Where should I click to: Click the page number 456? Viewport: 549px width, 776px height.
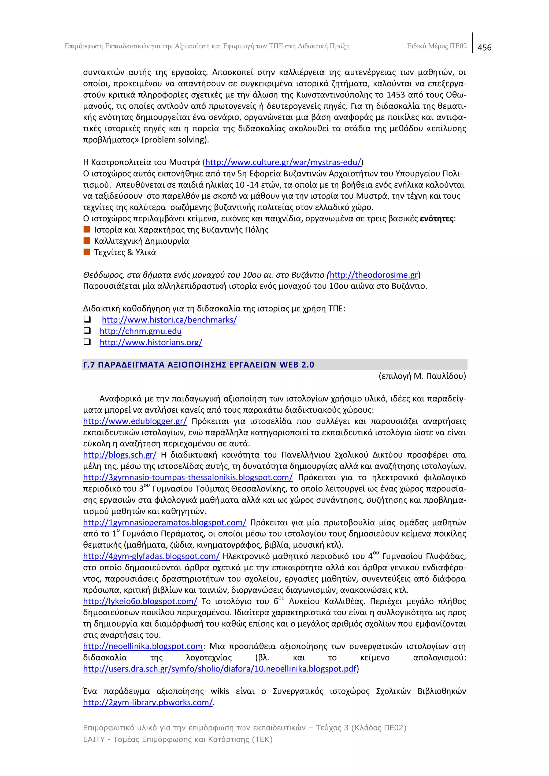[x=484, y=48]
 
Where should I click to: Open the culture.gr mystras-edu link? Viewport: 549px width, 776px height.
[x=283, y=162]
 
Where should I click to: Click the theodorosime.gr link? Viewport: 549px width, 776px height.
[x=374, y=275]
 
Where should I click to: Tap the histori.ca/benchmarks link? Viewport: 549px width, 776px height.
[x=169, y=320]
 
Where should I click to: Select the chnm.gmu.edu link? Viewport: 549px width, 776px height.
[x=140, y=331]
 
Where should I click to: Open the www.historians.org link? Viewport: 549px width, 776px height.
[x=151, y=342]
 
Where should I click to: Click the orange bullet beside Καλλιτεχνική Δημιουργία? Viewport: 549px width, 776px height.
[x=87, y=241]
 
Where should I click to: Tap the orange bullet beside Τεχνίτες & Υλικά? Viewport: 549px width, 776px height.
[x=87, y=252]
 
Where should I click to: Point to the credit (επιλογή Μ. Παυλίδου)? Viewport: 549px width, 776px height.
[x=422, y=376]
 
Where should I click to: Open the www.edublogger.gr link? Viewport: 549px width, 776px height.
[x=135, y=421]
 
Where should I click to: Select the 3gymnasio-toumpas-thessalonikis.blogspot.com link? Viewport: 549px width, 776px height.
[x=188, y=478]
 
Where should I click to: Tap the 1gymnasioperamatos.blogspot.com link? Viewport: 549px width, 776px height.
[x=165, y=523]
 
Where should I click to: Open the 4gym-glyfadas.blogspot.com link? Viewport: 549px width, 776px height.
[x=151, y=556]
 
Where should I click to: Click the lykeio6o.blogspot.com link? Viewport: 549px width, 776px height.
[x=140, y=601]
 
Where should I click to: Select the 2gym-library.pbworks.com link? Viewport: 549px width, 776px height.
[x=148, y=703]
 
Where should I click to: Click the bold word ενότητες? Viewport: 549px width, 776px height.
[x=436, y=219]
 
